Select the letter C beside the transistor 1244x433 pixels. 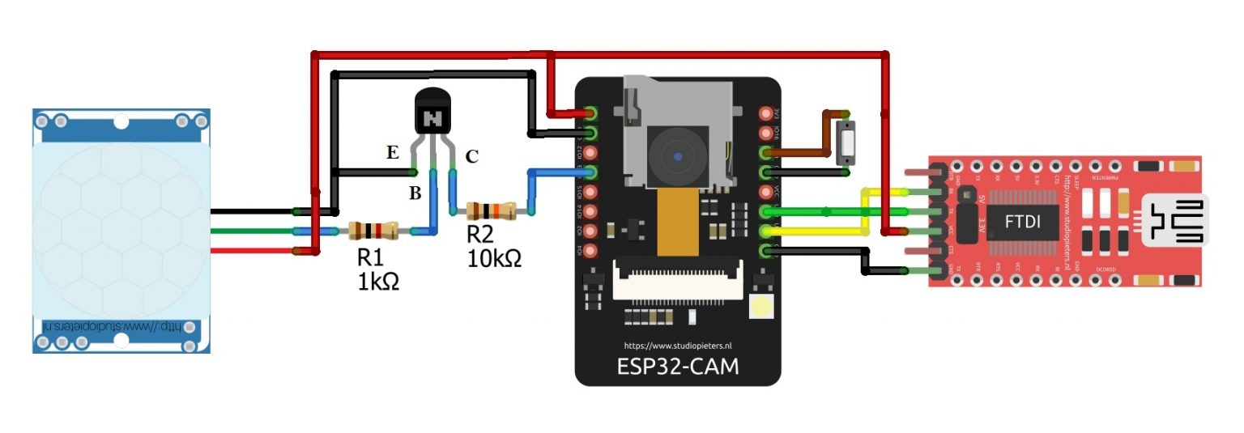coord(471,156)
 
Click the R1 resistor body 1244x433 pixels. coord(373,231)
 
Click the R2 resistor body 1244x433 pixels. coord(491,211)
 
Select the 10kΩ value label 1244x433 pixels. coord(494,259)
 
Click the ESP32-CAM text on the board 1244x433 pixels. coord(677,366)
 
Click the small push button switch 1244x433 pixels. coord(847,144)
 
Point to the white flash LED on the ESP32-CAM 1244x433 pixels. coord(761,307)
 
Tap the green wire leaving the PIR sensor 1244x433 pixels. coord(251,231)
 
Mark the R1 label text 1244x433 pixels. coord(370,258)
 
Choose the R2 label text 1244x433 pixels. coord(479,235)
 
